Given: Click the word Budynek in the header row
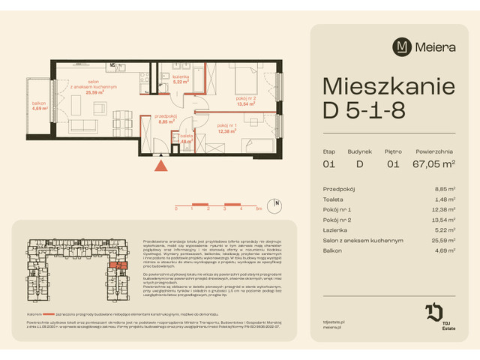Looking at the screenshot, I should click(x=359, y=151).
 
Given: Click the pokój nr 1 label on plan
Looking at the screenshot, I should click(x=226, y=128).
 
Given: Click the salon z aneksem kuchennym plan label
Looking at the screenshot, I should click(x=94, y=85).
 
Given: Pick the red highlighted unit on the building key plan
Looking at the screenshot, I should click(x=116, y=265).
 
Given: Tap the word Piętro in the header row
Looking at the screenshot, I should click(x=394, y=151).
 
